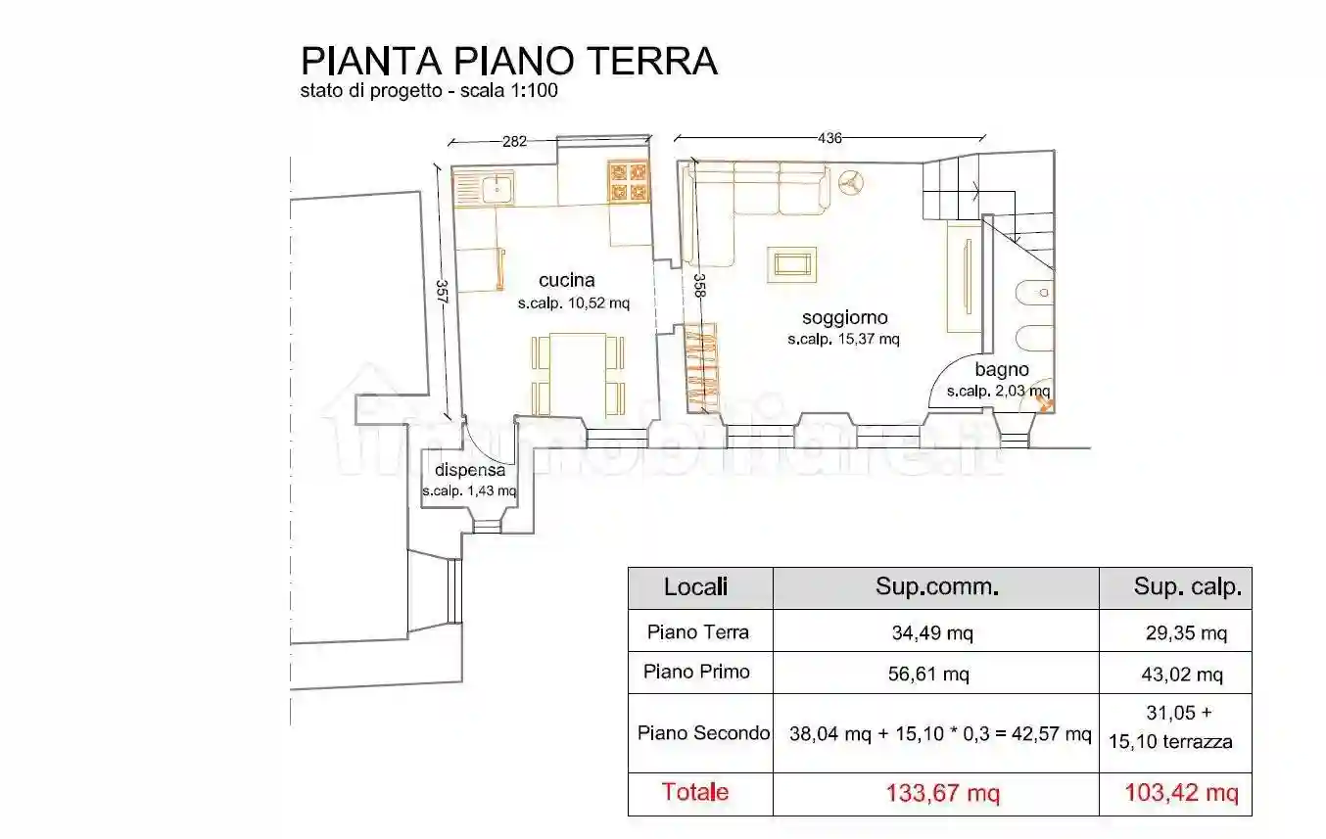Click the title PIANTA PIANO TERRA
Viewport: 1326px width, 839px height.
(508, 61)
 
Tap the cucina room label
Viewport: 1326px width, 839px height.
(566, 281)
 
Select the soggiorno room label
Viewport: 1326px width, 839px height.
(844, 318)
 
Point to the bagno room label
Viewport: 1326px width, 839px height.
(1001, 370)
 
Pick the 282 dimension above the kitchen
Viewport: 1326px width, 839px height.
(514, 142)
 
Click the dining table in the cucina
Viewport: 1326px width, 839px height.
(579, 373)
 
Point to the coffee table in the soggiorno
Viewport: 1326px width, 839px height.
(791, 263)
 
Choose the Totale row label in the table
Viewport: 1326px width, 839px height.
(694, 792)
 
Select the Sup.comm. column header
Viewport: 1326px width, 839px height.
(936, 587)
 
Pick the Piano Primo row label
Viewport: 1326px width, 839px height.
(696, 673)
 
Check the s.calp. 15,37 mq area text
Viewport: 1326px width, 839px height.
(843, 341)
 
